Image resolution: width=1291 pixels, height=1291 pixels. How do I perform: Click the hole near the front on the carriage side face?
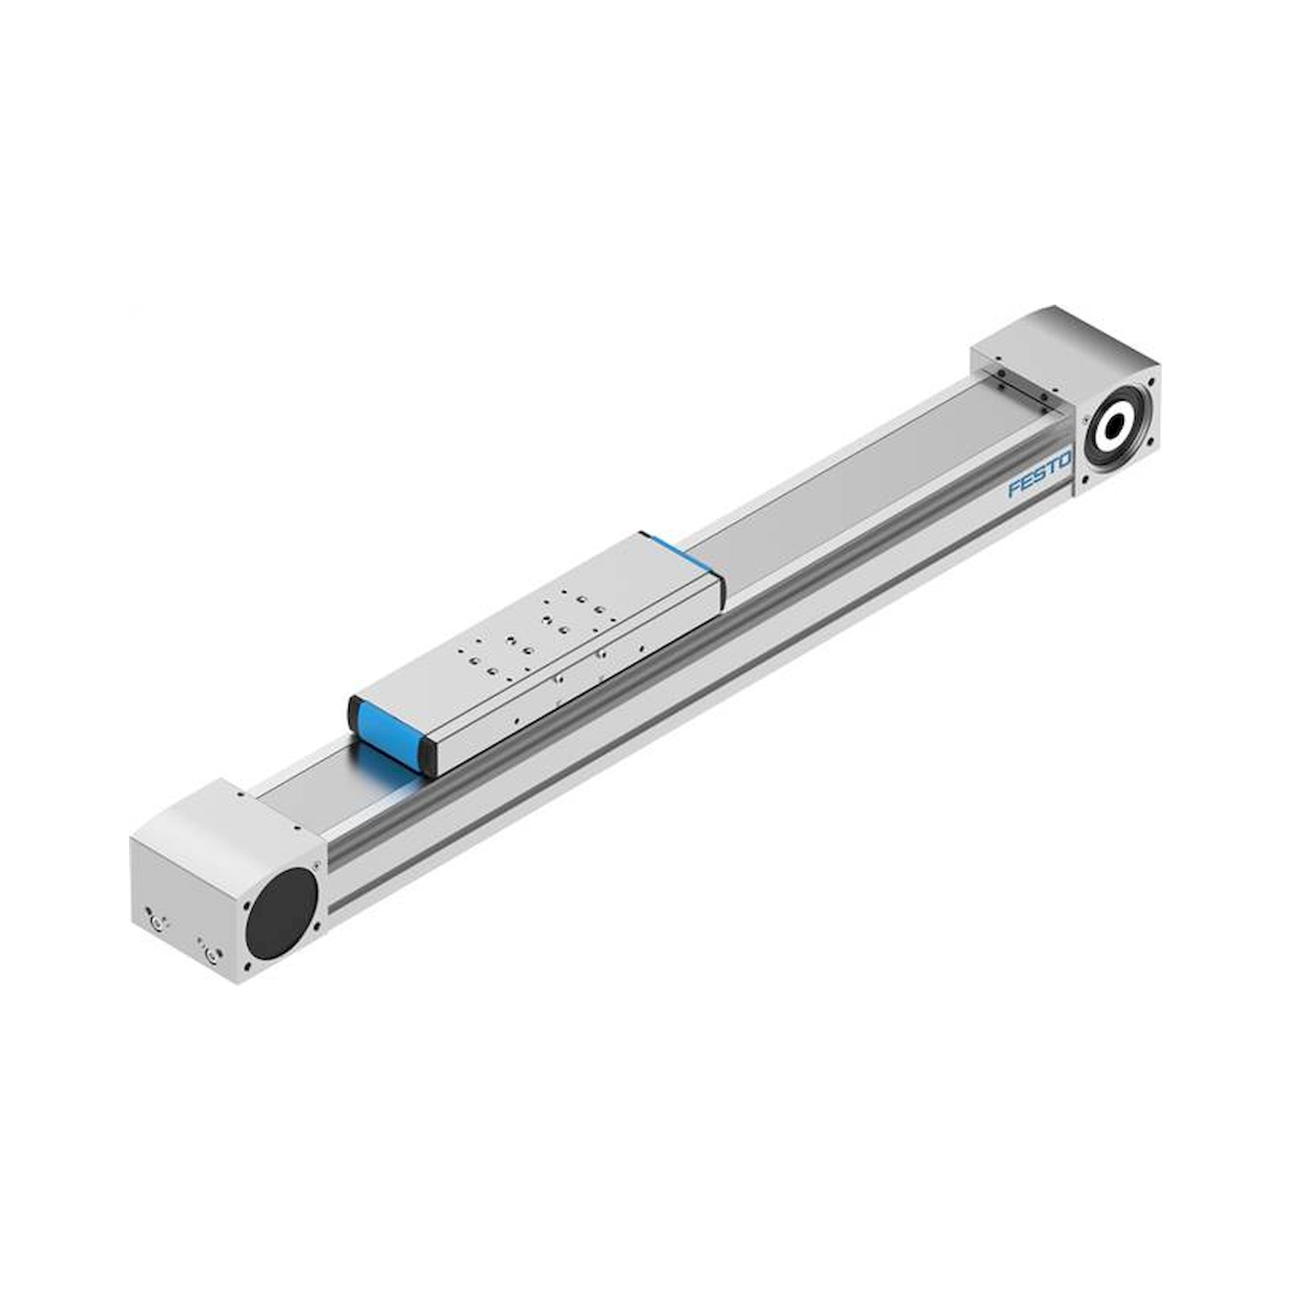click(x=517, y=720)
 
